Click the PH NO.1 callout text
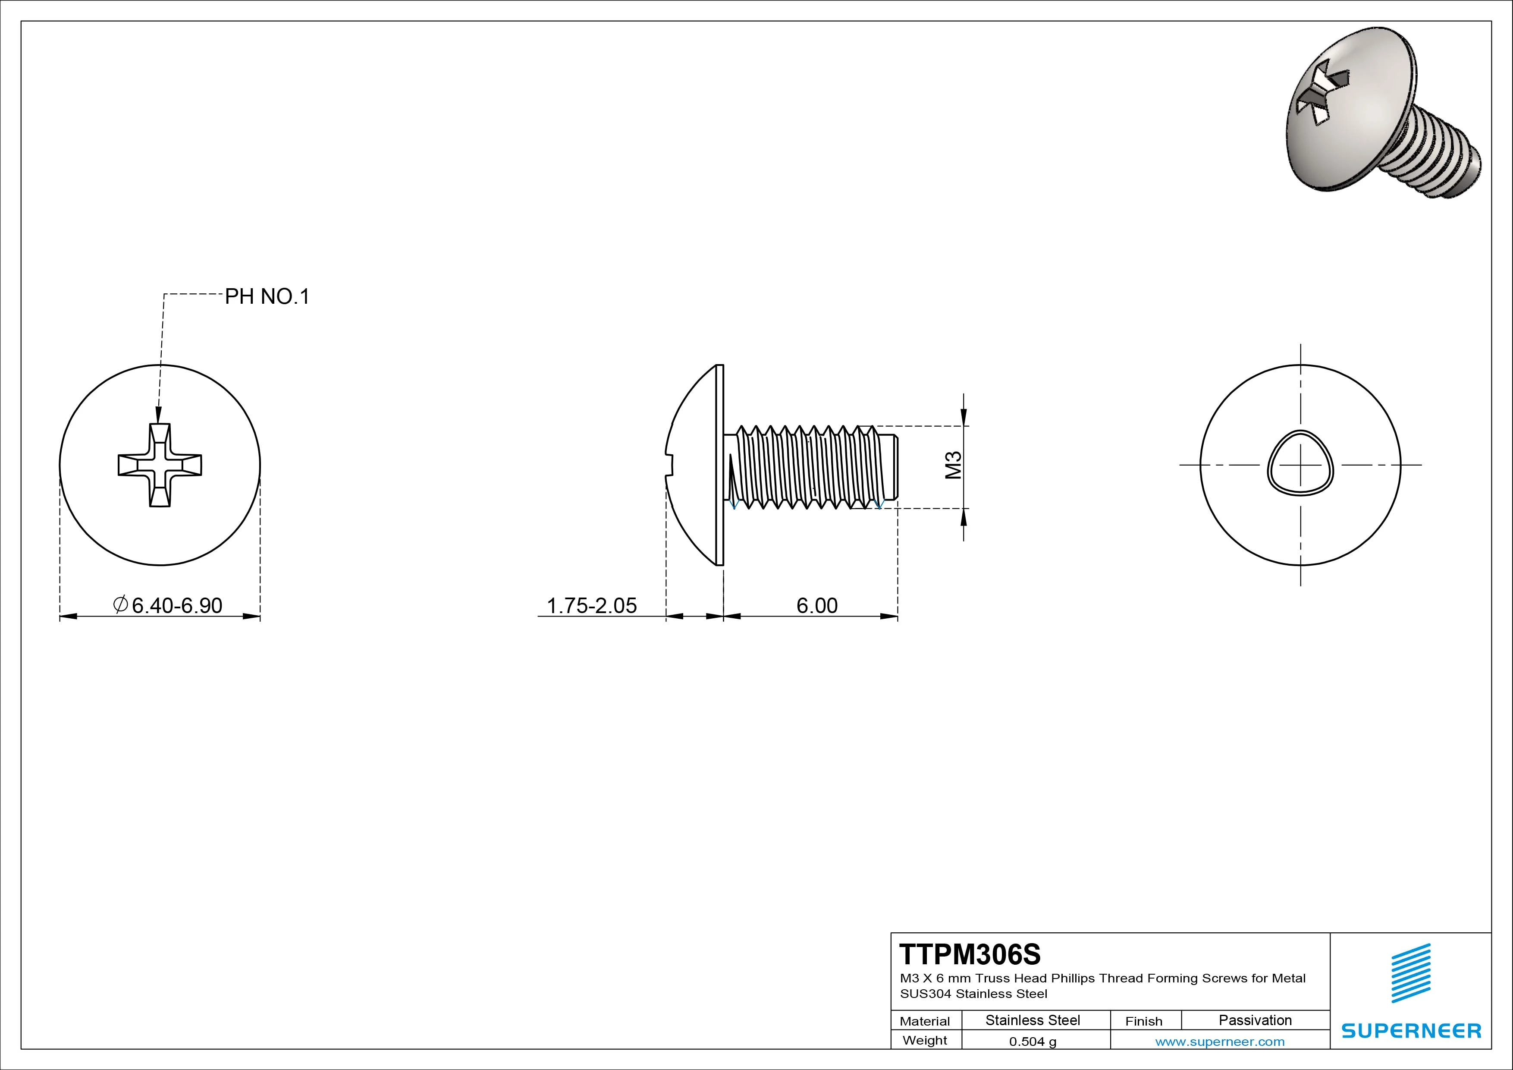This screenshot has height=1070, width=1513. [x=267, y=297]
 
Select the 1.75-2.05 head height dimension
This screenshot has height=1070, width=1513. [x=592, y=605]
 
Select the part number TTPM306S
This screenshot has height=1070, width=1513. [x=970, y=954]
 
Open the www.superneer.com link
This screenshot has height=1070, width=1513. [x=1220, y=1042]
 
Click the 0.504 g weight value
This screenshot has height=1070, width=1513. [x=1033, y=1042]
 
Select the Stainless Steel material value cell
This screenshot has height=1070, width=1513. [x=1033, y=1020]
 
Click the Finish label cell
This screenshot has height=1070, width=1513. [x=1143, y=1021]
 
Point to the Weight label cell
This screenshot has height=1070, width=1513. [x=925, y=1040]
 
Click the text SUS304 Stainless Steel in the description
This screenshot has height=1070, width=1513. [x=973, y=994]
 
